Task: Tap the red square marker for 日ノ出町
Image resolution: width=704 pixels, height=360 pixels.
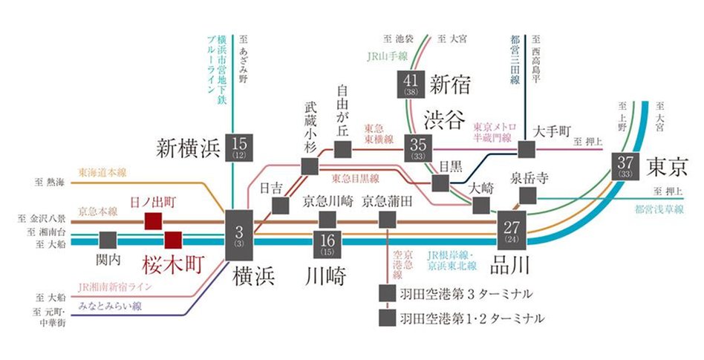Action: pos(153,220)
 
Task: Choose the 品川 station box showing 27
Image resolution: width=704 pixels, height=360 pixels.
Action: pos(511,232)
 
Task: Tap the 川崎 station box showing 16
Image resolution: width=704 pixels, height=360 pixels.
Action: pos(327,243)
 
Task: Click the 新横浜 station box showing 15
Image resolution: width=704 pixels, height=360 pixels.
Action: pos(239,148)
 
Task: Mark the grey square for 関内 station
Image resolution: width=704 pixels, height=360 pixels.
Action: pos(108,240)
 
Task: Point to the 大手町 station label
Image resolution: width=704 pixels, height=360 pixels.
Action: pos(553,133)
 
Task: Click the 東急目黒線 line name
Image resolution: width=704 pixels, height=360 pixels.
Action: pos(355,178)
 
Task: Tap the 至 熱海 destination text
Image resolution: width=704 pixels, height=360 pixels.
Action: pos(50,180)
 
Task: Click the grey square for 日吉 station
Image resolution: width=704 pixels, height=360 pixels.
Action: pos(280,205)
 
